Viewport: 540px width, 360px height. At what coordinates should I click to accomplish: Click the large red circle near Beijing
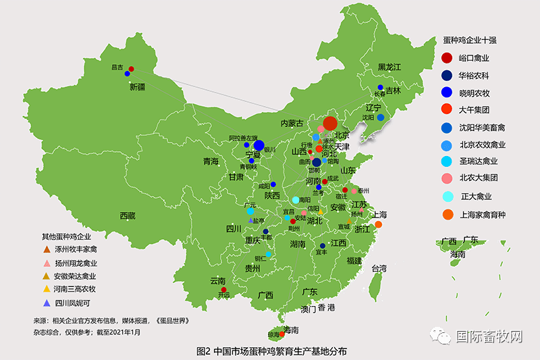330,123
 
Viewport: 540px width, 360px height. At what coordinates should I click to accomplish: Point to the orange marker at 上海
379,224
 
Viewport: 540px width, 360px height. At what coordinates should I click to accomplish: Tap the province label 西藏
128,215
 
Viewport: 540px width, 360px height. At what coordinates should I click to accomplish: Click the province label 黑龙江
389,68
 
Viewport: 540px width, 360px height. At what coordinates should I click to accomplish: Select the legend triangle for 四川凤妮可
47,302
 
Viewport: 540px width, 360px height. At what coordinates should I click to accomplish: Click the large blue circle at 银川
259,145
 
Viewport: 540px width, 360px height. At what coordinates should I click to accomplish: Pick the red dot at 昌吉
131,69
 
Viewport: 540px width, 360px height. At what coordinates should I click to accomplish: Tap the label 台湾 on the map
379,268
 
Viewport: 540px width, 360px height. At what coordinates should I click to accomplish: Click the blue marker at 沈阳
380,118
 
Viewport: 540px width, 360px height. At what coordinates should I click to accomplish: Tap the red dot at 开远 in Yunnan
223,290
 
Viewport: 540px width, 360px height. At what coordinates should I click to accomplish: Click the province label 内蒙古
292,124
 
